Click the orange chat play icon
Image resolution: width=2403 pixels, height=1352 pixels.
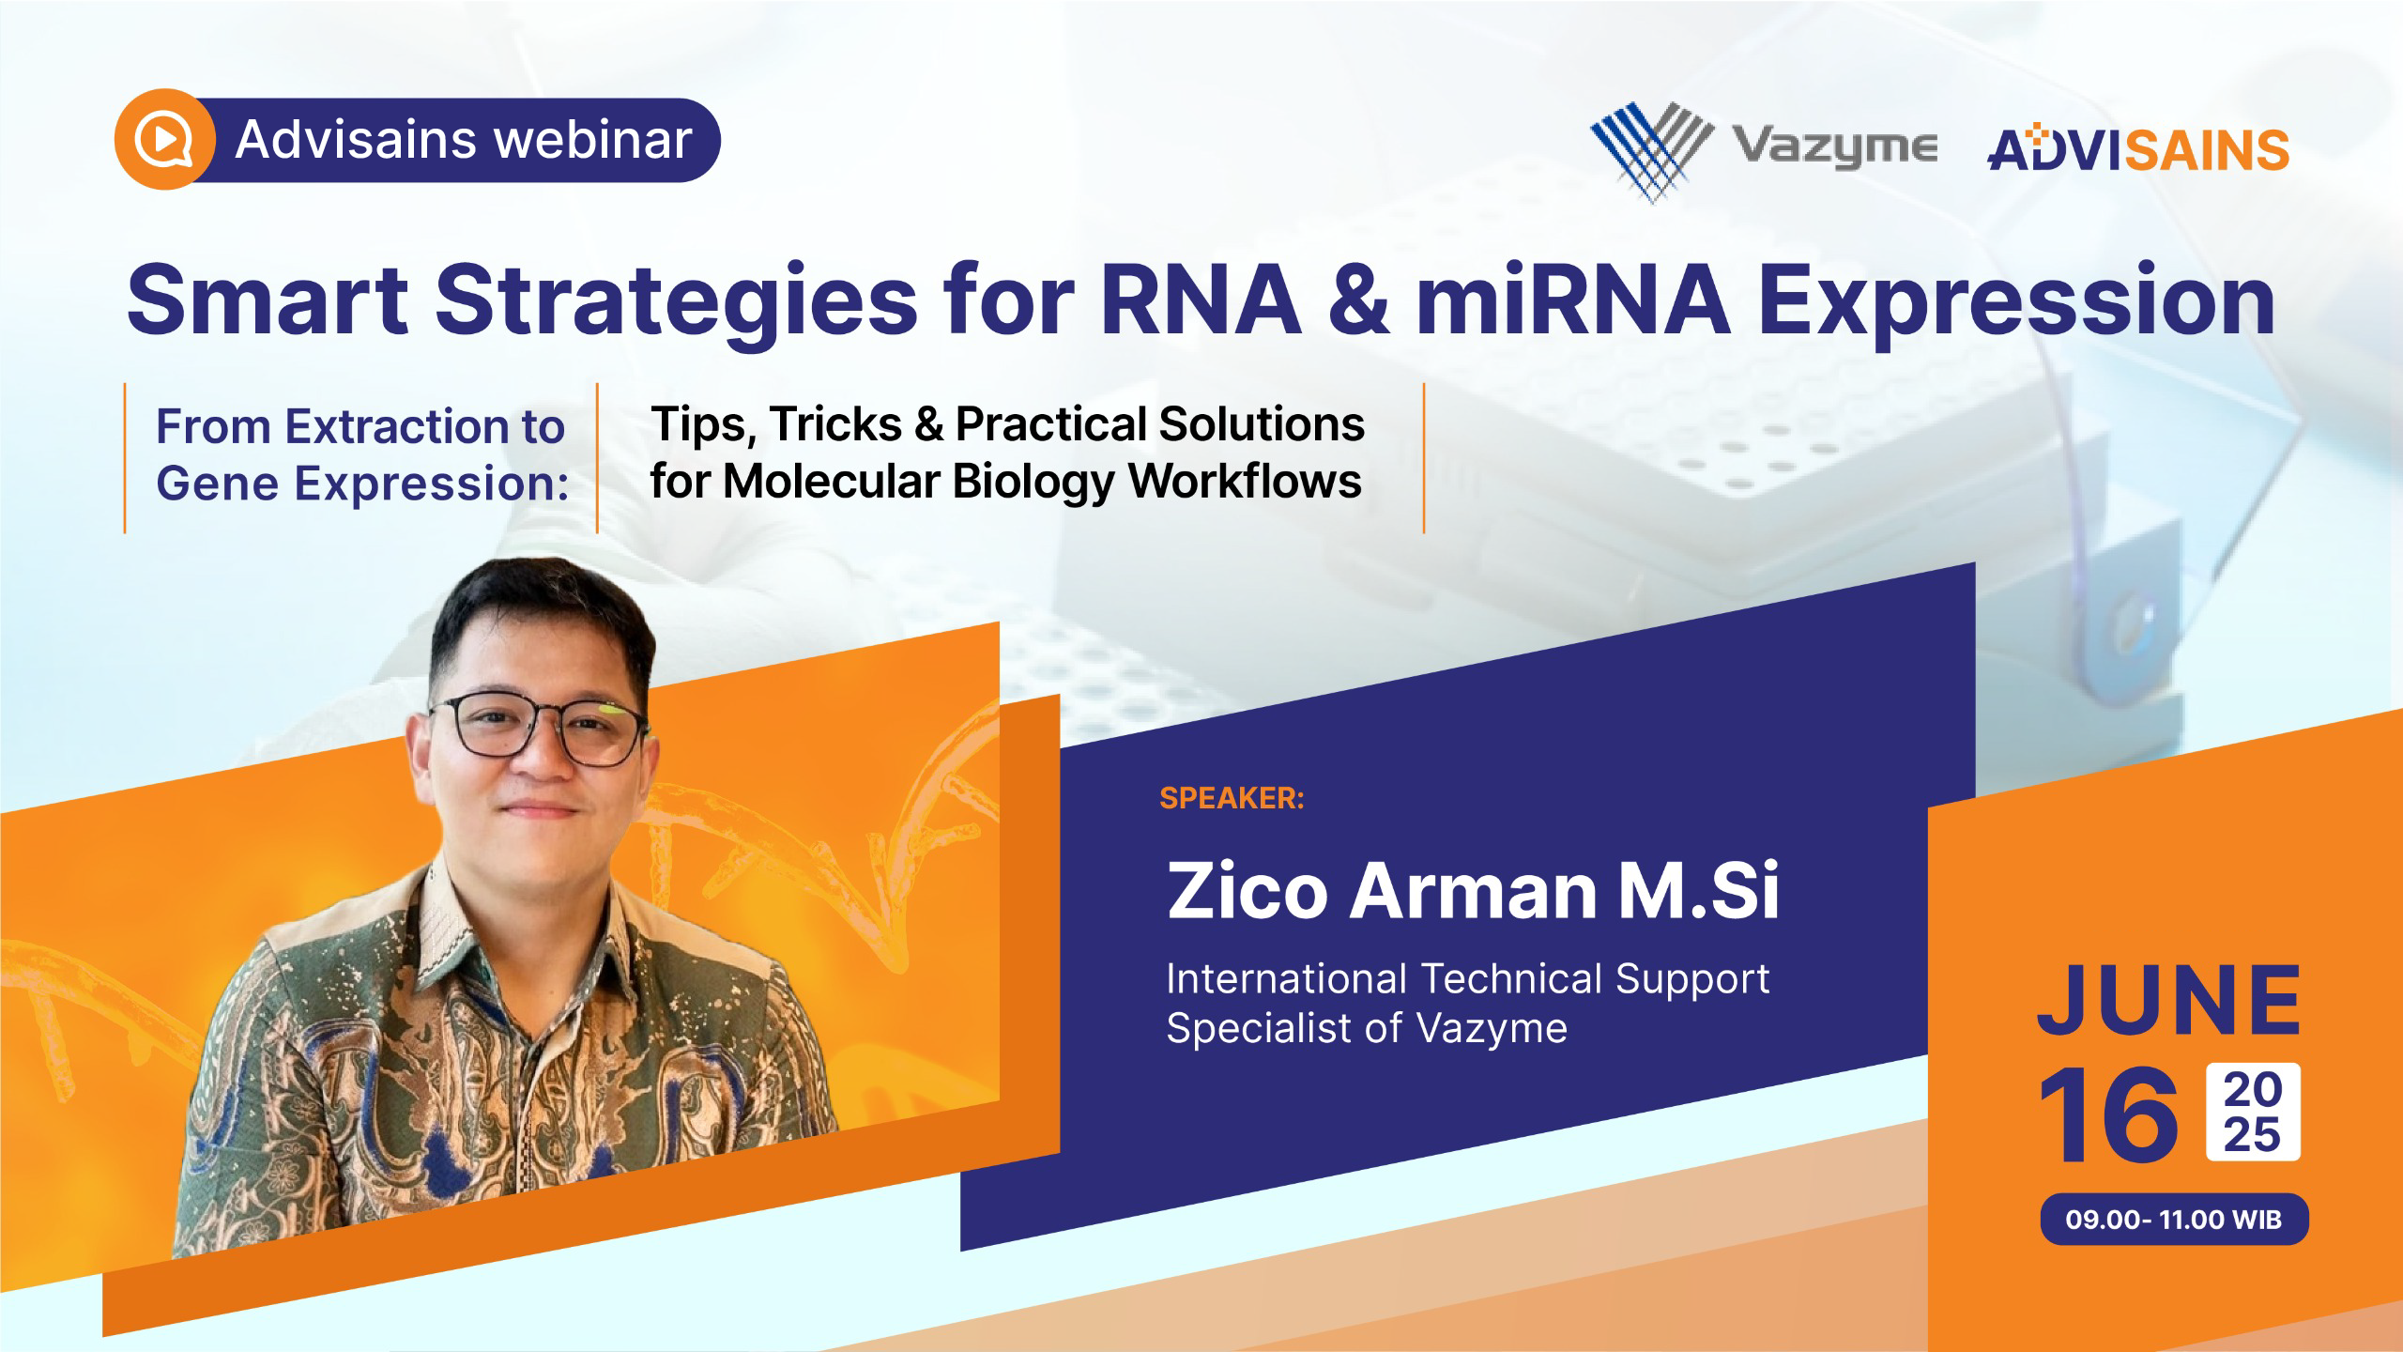pos(165,140)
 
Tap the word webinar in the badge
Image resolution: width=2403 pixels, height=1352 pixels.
pos(593,140)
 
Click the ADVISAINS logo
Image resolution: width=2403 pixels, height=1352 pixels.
pos(2138,150)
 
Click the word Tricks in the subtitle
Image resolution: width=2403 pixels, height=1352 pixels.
pos(836,424)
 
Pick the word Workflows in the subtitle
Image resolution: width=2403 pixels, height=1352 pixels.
pos(1245,481)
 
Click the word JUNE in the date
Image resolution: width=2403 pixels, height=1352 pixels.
pos(2169,999)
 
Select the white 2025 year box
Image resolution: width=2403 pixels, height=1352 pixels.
pos(2253,1112)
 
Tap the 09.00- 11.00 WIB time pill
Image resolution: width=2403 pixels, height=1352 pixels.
pos(2173,1220)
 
